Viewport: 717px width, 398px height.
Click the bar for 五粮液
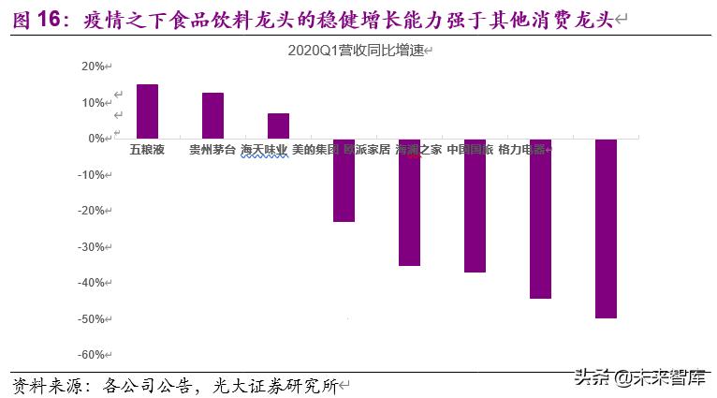click(x=147, y=111)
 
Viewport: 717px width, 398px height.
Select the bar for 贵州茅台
click(x=212, y=115)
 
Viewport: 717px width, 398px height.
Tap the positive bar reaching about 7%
click(x=278, y=125)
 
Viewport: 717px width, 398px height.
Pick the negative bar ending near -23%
click(x=344, y=180)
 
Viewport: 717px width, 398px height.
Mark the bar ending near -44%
click(x=540, y=218)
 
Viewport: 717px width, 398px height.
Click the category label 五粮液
click(x=147, y=150)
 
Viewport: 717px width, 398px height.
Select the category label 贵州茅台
click(x=212, y=150)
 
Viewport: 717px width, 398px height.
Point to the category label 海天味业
click(x=264, y=150)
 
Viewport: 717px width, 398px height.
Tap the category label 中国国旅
click(x=469, y=150)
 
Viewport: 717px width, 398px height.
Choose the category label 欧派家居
click(x=367, y=150)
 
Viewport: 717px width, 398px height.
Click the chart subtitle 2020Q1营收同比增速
click(x=359, y=49)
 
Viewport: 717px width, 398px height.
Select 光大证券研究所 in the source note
click(x=281, y=385)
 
